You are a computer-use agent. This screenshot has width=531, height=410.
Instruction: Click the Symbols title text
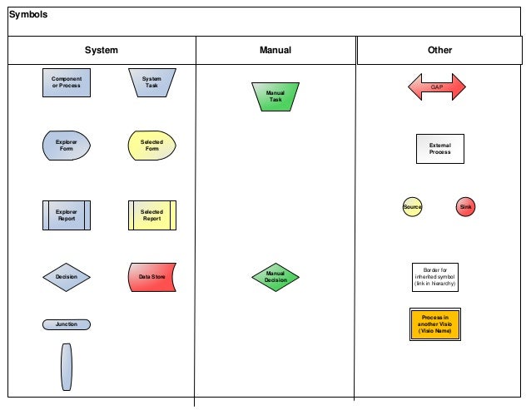tap(28, 15)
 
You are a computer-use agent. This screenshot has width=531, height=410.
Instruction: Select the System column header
tap(102, 51)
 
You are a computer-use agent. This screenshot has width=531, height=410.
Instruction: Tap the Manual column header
tap(275, 51)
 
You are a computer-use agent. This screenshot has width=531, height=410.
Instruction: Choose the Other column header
tap(439, 51)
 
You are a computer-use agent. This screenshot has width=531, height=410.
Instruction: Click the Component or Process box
tap(67, 82)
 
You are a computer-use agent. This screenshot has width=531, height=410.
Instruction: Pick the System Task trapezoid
tap(151, 82)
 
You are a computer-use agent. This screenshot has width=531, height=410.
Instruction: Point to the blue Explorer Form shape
tap(67, 146)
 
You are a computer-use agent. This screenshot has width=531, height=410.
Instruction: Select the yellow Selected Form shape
tap(151, 146)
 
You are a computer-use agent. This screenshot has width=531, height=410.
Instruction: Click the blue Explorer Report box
tap(67, 215)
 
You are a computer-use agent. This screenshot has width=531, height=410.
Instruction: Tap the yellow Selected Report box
tap(151, 215)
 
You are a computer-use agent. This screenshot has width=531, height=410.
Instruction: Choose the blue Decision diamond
tap(67, 277)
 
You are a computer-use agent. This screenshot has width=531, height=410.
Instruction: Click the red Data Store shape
tap(151, 277)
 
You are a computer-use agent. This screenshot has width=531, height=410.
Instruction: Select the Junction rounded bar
tap(67, 324)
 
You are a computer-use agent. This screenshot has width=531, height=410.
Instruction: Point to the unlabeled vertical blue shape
tap(67, 366)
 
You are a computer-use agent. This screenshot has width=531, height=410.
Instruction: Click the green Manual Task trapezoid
tap(275, 96)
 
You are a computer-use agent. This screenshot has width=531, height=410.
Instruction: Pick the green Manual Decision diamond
tap(275, 277)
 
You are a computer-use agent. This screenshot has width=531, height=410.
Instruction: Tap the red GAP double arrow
tap(436, 87)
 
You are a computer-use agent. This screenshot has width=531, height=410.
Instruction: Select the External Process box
tap(439, 149)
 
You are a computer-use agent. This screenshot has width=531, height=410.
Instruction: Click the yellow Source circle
tap(412, 207)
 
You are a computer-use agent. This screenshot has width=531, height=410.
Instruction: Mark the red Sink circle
tap(465, 207)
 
